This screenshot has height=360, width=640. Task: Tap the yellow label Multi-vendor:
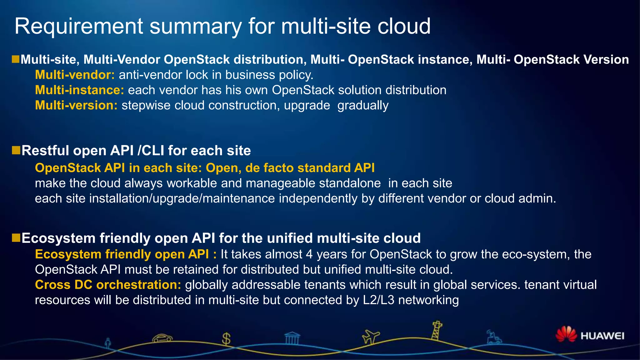tap(75, 75)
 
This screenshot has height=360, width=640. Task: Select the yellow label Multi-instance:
tap(79, 90)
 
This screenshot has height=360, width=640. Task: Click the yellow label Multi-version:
tap(76, 106)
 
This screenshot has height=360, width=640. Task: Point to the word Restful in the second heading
tap(45, 151)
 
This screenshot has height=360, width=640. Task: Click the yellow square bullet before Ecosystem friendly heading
tap(16, 238)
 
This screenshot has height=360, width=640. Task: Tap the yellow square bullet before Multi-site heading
tap(16, 59)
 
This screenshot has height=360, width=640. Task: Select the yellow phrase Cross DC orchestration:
tap(108, 285)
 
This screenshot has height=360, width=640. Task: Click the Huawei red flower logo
tap(566, 334)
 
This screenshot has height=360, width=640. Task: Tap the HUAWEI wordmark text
tap(602, 336)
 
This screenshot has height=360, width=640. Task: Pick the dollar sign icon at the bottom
tap(226, 339)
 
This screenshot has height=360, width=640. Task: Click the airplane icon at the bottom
tap(370, 337)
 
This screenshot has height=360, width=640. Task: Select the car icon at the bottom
tap(162, 338)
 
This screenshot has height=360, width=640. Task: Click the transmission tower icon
tap(437, 331)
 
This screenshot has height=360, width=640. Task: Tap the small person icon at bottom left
tap(108, 343)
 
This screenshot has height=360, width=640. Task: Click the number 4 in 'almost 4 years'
tap(309, 254)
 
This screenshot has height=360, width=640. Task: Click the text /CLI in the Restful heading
tap(151, 151)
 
